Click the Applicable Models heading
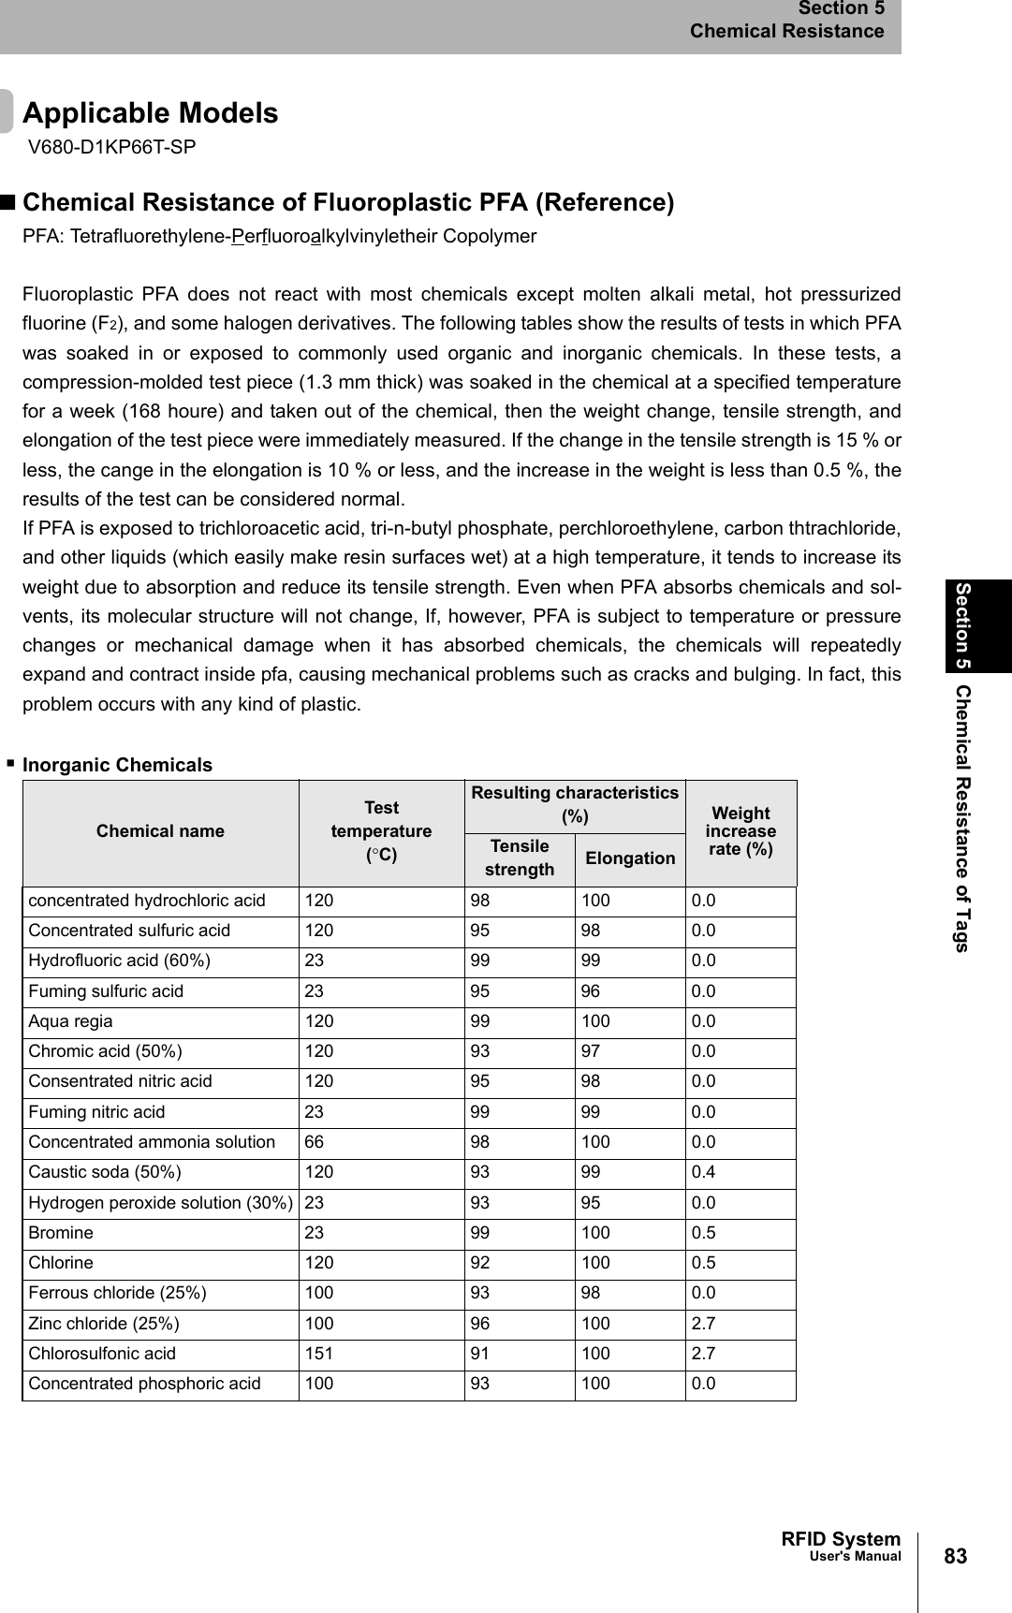[x=150, y=113]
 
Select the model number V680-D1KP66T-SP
[x=112, y=147]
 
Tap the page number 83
[x=955, y=1556]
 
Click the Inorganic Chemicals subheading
[x=117, y=765]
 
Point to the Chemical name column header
[x=160, y=831]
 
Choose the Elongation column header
[x=630, y=858]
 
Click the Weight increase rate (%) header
[x=741, y=831]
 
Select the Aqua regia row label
[x=70, y=1021]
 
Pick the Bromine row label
[x=61, y=1233]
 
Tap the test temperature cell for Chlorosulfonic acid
[x=319, y=1354]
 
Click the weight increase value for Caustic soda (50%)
[x=704, y=1172]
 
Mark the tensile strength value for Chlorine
[x=479, y=1263]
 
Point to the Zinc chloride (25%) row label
[x=104, y=1324]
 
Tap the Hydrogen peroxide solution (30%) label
[x=160, y=1203]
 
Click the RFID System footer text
[x=840, y=1539]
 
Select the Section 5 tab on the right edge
[x=963, y=625]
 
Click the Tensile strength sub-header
[x=520, y=858]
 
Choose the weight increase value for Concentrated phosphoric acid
[x=704, y=1384]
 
